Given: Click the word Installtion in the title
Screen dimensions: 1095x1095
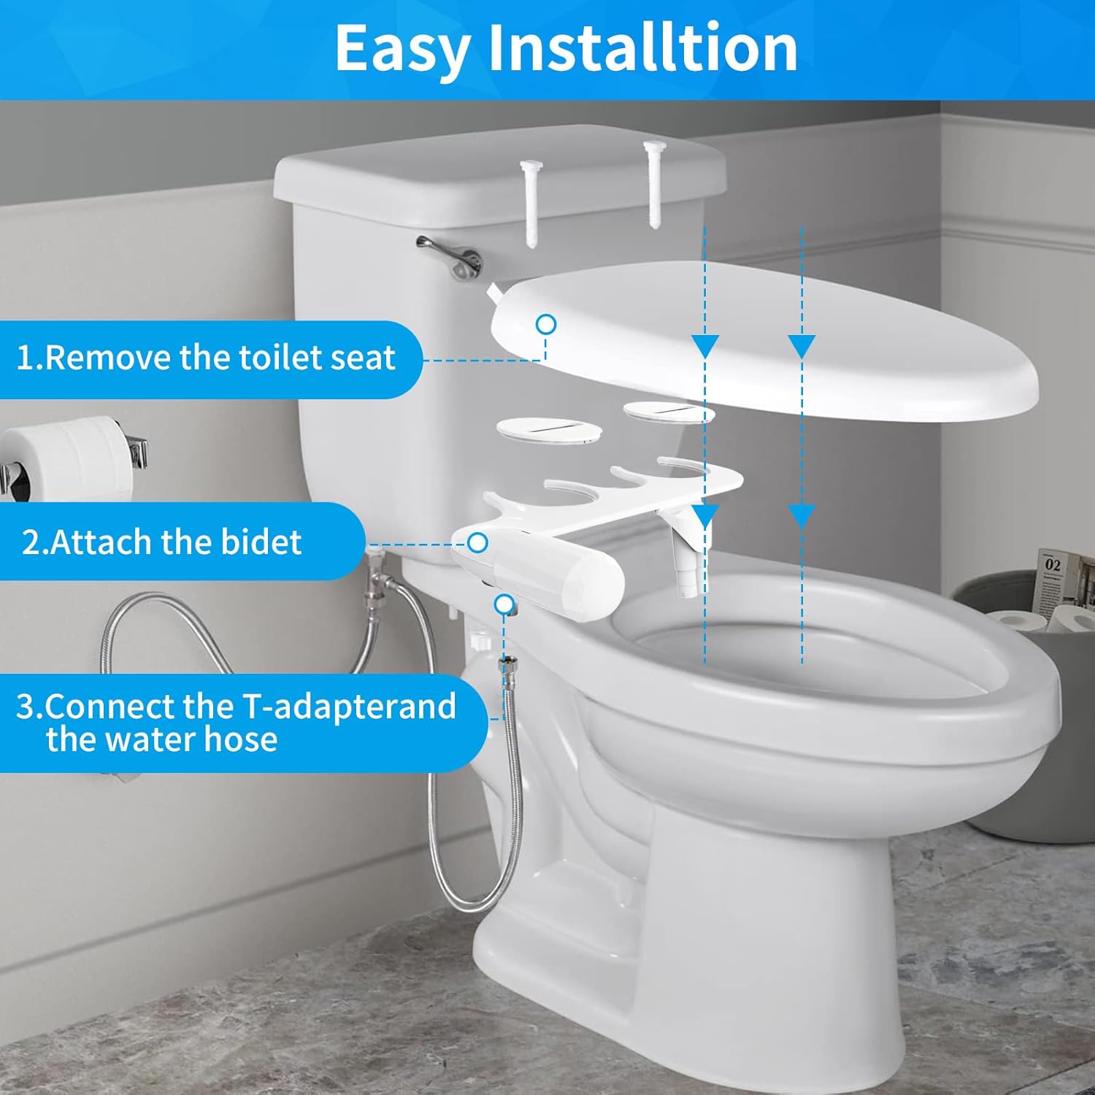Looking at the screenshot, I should pos(642,48).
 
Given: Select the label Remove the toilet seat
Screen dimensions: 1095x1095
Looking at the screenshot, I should pos(206,358).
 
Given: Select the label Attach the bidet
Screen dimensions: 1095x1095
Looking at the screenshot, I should pos(161,542).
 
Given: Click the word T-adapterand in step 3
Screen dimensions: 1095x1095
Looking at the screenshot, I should pos(349,707).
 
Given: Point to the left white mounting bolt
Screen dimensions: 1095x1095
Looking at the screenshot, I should pos(531,201).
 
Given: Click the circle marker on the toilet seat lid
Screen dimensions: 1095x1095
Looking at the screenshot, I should pos(546,324).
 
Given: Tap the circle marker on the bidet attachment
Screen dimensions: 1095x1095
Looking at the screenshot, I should pos(477,542).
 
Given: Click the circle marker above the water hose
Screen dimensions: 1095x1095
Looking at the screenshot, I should pos(504,604).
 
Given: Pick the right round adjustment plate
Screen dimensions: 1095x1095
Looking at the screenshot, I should pos(668,411).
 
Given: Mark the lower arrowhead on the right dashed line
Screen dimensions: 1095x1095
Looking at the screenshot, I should pos(802,517).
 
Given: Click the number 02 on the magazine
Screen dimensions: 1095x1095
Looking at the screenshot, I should pos(1052,564).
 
